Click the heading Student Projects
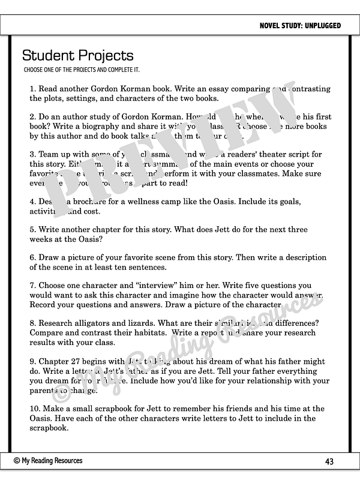77,56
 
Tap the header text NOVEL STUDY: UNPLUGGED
300,26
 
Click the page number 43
329,461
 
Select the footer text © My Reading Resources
48,461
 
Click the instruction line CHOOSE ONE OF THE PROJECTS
82,70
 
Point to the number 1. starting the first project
33,89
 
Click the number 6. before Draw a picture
33,257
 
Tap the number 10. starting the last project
35,409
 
